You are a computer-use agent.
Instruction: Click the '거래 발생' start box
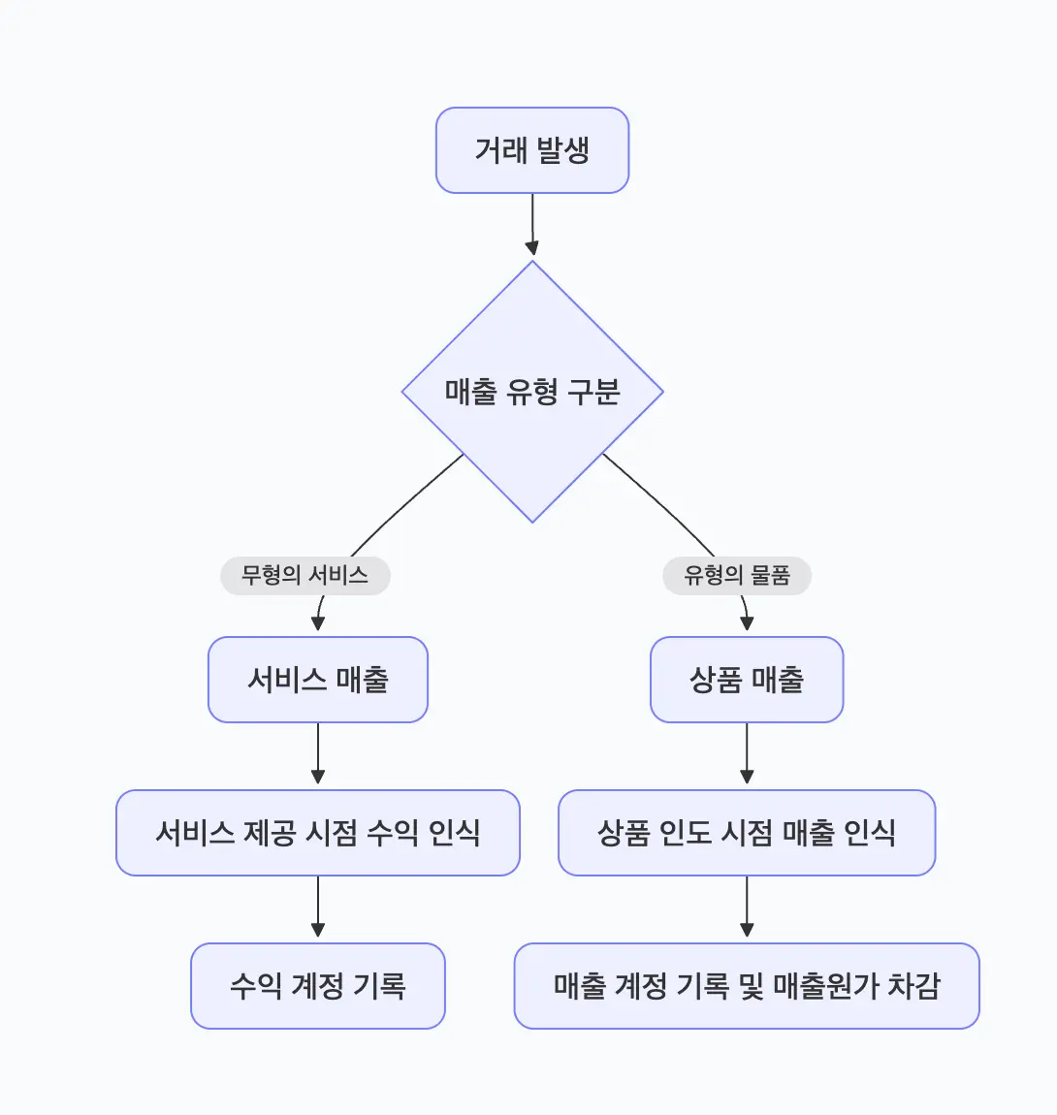532,150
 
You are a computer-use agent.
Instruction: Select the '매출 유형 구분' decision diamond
532,392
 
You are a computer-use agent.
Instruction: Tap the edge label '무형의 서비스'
304,576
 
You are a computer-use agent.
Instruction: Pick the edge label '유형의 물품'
737,576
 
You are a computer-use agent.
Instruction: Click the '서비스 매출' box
318,680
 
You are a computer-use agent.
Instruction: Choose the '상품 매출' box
747,680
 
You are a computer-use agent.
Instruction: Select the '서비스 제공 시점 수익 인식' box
318,833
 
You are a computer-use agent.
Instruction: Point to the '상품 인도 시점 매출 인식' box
747,833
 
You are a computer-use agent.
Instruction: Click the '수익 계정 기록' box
318,986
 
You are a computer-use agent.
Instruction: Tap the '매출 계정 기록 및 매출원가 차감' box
747,986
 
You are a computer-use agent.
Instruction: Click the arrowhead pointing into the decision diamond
532,248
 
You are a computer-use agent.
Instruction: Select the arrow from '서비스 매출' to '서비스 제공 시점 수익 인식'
318,756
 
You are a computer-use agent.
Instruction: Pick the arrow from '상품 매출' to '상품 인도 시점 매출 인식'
747,756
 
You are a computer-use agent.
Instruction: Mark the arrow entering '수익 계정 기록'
318,909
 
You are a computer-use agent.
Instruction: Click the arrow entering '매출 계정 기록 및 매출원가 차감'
747,909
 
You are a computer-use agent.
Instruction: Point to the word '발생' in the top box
562,150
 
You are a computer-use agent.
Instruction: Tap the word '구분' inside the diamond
593,392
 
